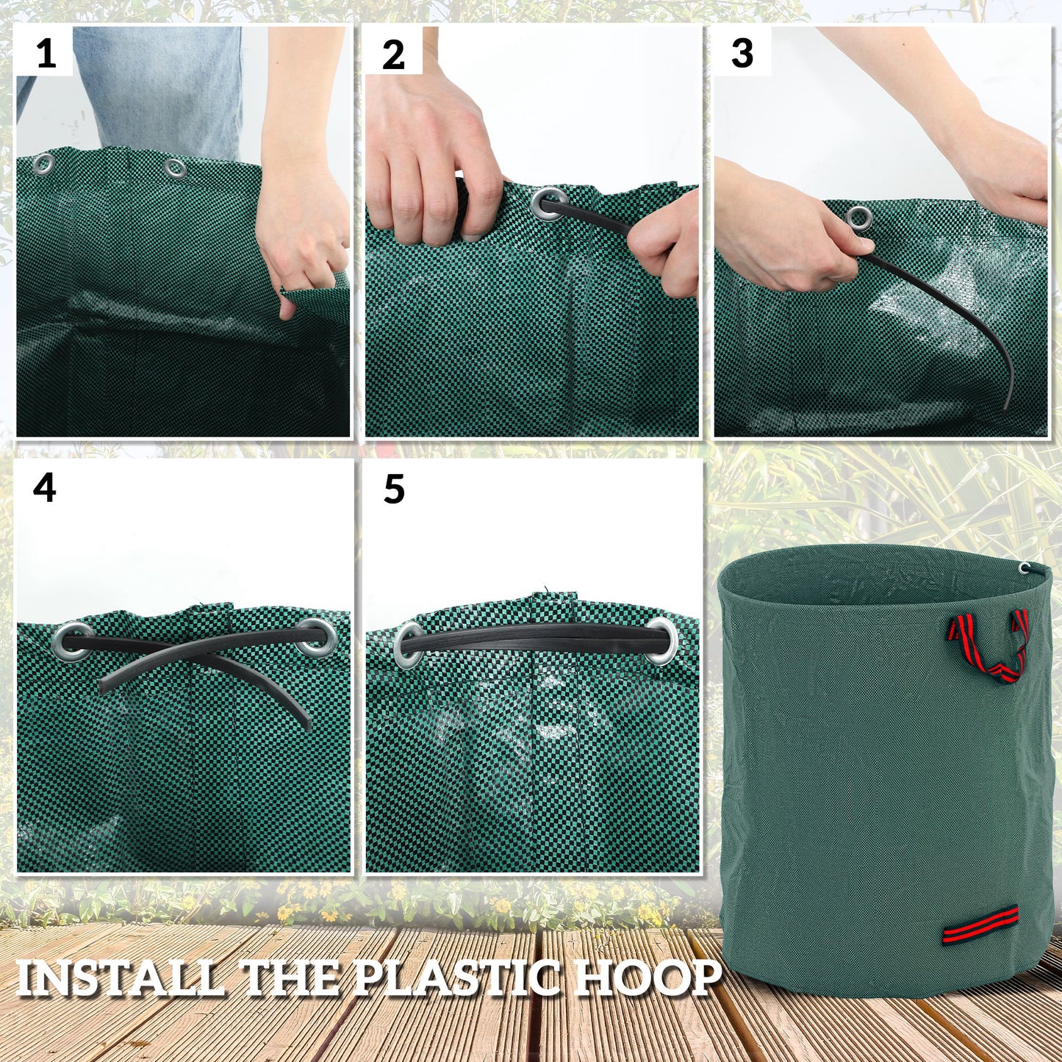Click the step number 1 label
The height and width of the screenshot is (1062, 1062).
click(46, 54)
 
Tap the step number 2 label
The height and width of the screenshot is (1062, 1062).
click(394, 55)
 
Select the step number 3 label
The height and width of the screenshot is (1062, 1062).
click(742, 54)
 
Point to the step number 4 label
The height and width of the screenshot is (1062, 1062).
click(45, 488)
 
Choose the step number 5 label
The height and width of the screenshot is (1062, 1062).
click(395, 489)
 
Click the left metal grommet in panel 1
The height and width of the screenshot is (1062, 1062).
click(43, 163)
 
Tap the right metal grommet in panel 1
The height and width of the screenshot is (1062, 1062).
click(175, 169)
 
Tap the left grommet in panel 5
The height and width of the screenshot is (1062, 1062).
click(409, 645)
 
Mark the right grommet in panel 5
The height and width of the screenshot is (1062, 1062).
click(663, 640)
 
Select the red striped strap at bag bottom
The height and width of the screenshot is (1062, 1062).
click(981, 925)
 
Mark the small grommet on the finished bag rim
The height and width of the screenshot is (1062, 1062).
click(1024, 567)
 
